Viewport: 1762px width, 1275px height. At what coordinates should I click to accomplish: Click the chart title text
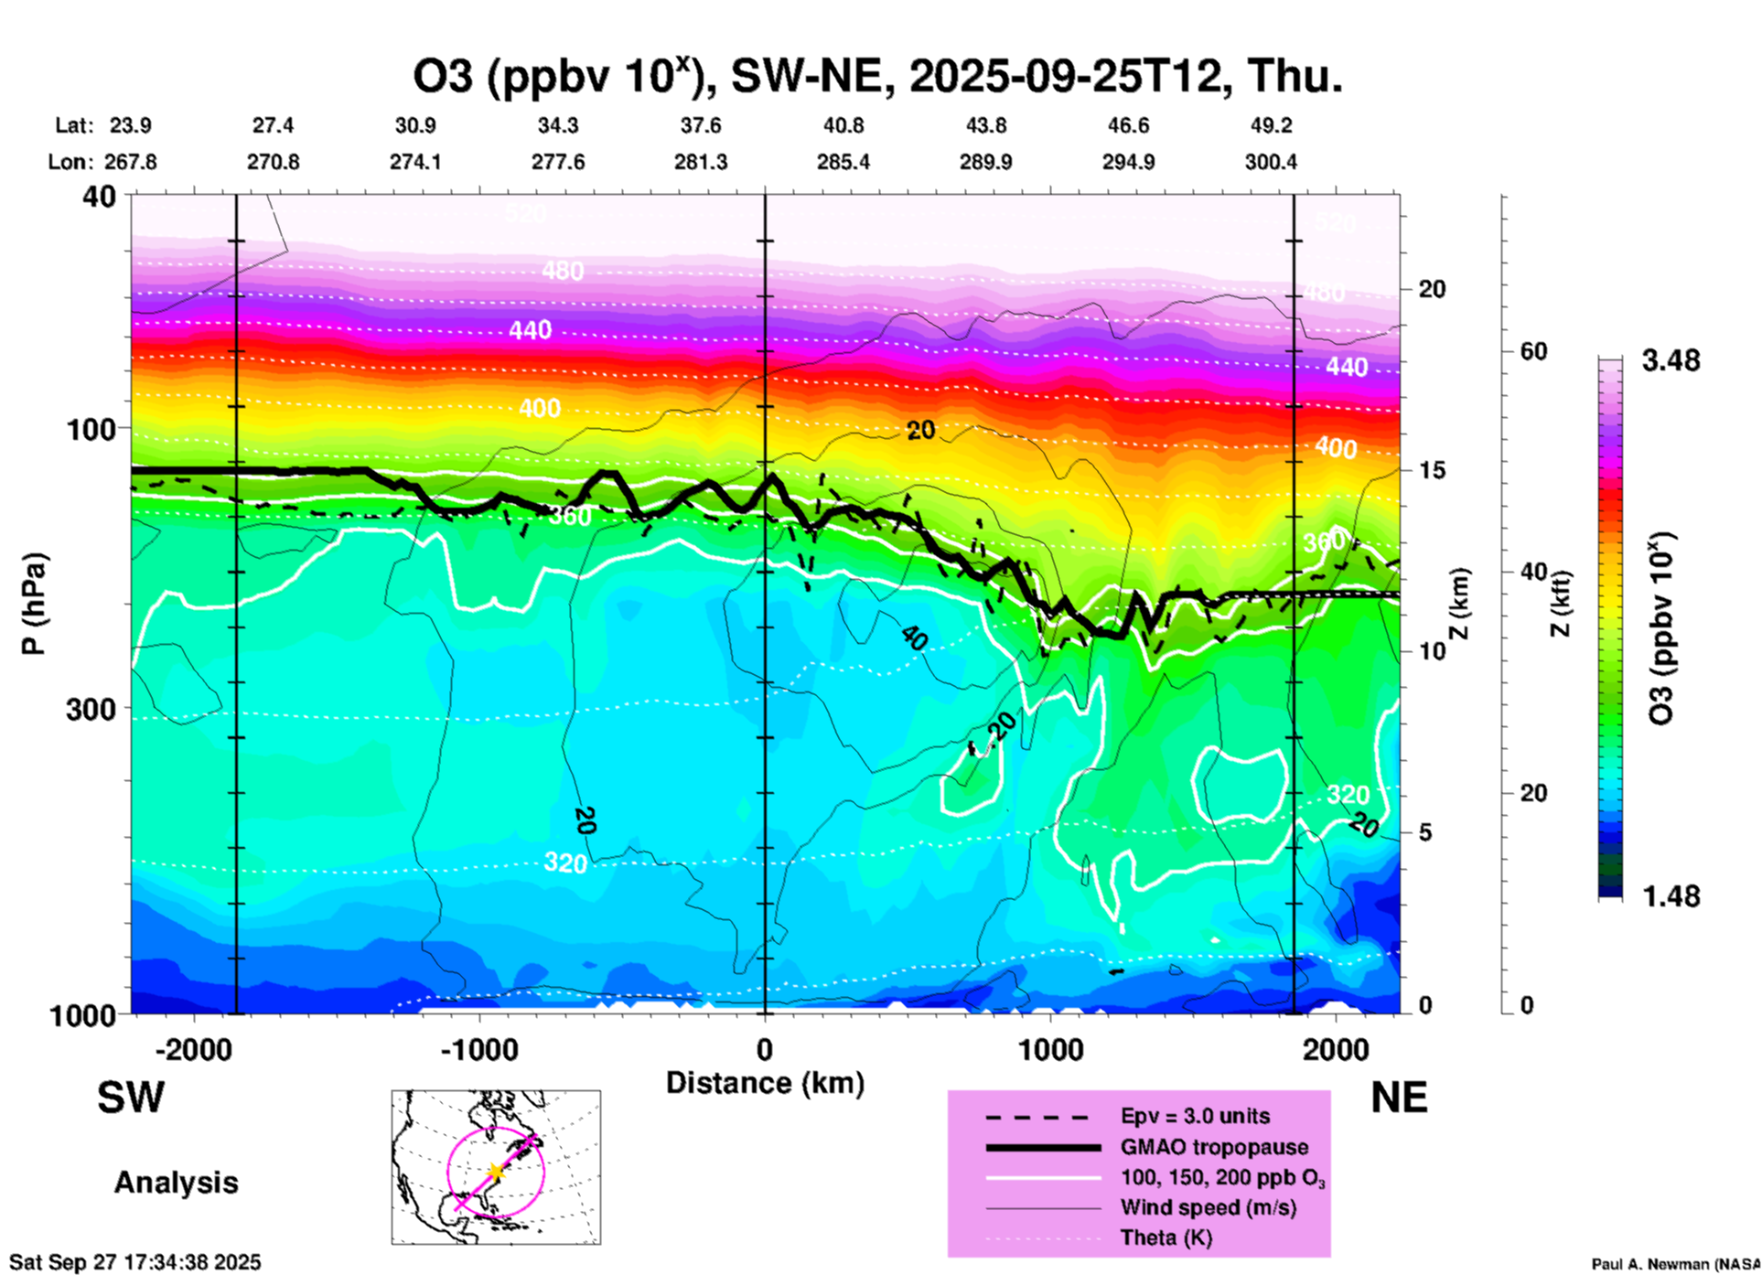(x=878, y=77)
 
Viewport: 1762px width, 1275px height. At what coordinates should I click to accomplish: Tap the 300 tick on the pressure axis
(x=91, y=708)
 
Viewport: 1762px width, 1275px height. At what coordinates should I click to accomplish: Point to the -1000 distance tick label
(x=479, y=1049)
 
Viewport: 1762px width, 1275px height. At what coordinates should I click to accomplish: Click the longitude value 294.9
(x=1128, y=163)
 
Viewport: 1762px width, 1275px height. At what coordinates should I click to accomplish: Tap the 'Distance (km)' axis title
(x=765, y=1083)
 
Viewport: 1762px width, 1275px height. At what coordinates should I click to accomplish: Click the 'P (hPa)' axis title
(x=34, y=604)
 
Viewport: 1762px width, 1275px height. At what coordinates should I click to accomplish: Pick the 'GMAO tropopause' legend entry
(x=1214, y=1147)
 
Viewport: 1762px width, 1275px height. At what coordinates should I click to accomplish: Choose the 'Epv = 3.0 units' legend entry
(x=1195, y=1116)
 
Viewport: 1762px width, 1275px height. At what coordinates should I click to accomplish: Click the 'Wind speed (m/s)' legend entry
(x=1208, y=1207)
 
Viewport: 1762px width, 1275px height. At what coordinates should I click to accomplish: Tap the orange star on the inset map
(x=495, y=1171)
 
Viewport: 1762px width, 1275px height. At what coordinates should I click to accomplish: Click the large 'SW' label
(x=131, y=1098)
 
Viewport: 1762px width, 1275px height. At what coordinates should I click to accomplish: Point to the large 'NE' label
(x=1399, y=1098)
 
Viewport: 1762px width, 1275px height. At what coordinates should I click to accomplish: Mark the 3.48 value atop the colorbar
(x=1671, y=361)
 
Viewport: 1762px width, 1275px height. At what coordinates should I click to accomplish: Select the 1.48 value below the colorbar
(x=1671, y=896)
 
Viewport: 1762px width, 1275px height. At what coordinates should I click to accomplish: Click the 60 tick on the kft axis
(x=1533, y=351)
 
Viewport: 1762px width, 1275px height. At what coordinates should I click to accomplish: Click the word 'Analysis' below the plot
(x=176, y=1183)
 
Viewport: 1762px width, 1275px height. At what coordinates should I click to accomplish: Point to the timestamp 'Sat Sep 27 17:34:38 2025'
(x=135, y=1262)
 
